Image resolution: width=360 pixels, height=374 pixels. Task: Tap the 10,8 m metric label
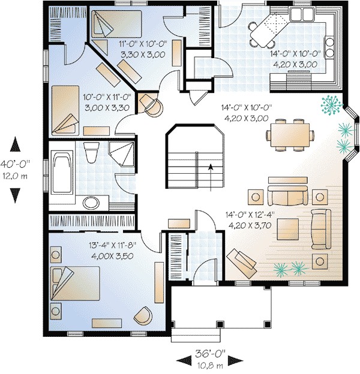213,364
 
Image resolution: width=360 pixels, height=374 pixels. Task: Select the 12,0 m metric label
16,176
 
